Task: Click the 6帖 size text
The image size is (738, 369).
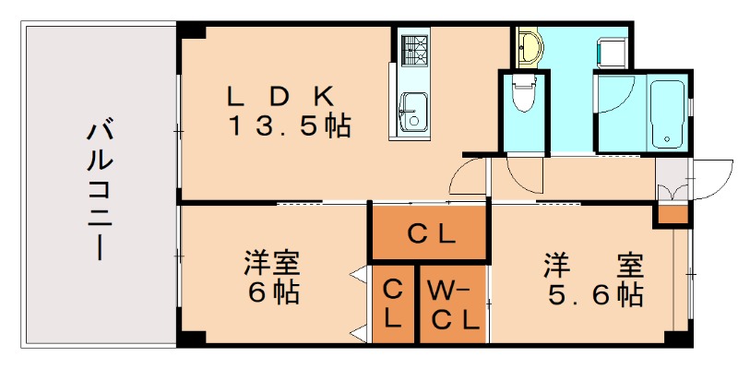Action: tap(273, 294)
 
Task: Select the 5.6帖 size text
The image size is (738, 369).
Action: tap(591, 294)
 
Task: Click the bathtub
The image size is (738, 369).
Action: tap(667, 114)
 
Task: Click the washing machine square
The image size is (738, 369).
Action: tap(611, 52)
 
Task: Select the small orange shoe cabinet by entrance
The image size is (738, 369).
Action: tap(673, 215)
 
